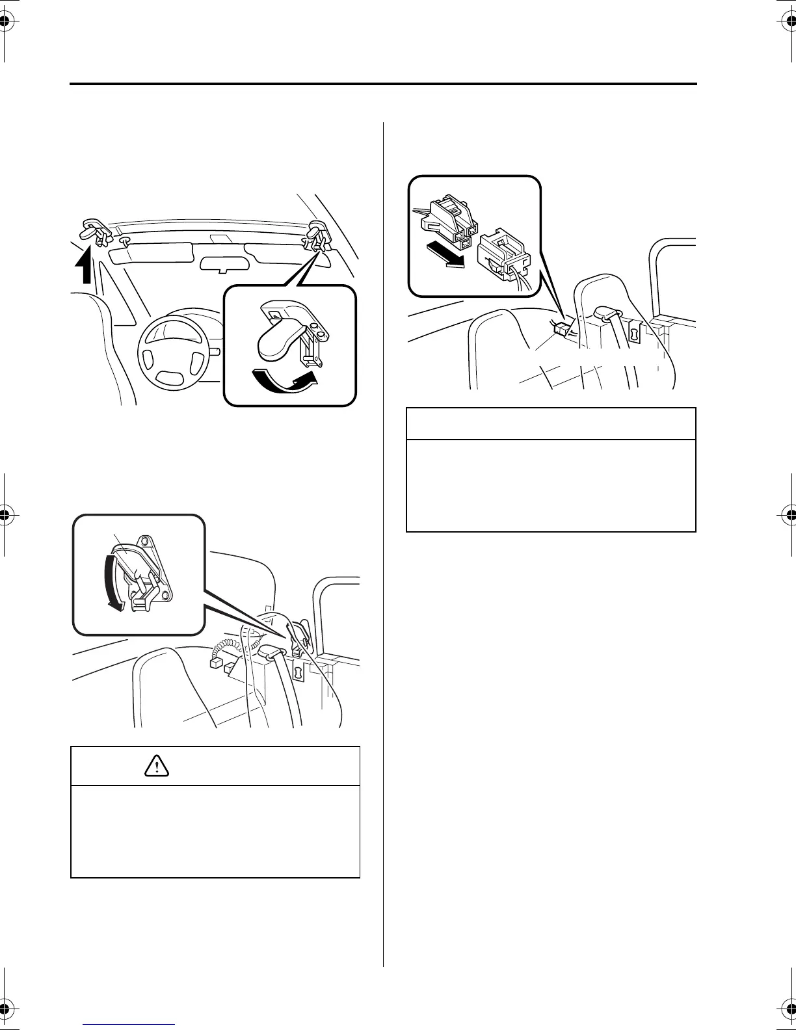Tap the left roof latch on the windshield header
pos(95,231)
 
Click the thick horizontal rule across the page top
pos(383,84)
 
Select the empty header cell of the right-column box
pos(551,424)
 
